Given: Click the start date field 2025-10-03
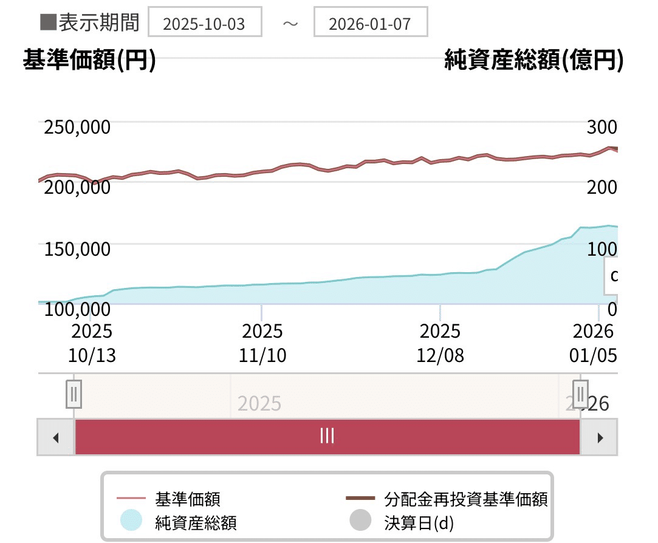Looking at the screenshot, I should coord(204,23).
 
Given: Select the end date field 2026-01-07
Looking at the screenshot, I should coord(370,23).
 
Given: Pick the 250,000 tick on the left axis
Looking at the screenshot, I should coord(77,127).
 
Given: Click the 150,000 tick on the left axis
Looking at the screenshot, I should coord(77,248).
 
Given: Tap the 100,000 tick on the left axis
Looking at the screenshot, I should coord(77,309).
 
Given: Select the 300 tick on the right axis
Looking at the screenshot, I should coord(601,127).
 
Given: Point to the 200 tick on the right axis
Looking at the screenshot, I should coord(601,186).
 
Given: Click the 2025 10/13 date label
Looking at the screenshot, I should coord(92,343).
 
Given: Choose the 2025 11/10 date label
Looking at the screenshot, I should coord(262,343).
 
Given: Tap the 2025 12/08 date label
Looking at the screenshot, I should coord(440,343).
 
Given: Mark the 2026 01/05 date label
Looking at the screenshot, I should coord(593,343).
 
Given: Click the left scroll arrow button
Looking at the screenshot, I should coord(55,437).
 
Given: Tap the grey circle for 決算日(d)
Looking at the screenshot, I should coord(360,521).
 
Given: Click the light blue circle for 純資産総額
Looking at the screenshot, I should coord(131,521).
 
